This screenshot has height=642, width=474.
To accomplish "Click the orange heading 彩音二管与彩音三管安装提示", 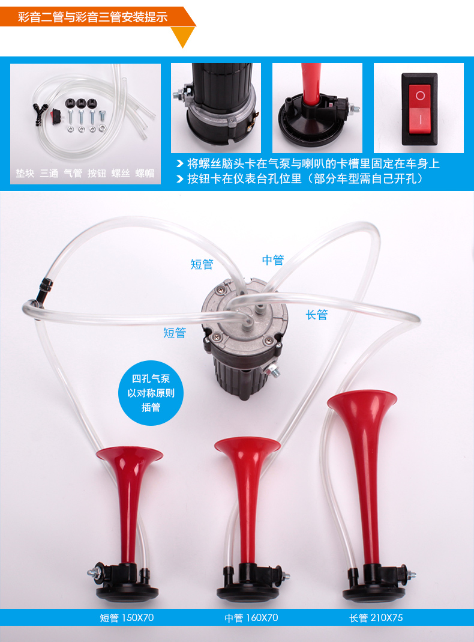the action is click(92, 17).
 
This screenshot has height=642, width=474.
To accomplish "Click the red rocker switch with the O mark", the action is click(419, 109).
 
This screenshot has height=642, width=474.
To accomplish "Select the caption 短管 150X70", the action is click(127, 617).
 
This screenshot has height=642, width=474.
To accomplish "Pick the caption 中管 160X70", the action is click(251, 617).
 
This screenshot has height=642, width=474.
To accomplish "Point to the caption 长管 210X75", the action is click(376, 617).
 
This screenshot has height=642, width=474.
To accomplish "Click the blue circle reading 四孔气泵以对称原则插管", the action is click(151, 393).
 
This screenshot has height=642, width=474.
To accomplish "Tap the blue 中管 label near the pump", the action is click(273, 260).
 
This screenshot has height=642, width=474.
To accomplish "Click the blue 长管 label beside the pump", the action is click(317, 315).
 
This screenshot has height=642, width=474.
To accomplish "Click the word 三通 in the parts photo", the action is click(49, 173).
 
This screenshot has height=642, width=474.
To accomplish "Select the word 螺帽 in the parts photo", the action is click(145, 173).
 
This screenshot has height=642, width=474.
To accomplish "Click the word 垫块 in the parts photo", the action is click(25, 173).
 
